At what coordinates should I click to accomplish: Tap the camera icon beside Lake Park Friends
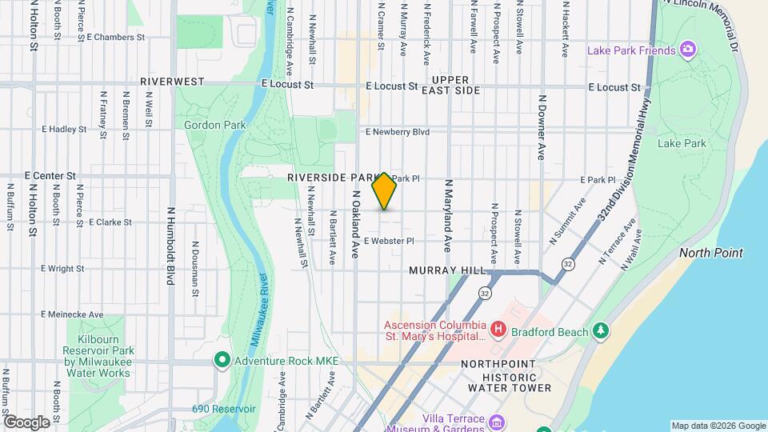687,50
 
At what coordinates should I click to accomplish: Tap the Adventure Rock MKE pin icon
222,361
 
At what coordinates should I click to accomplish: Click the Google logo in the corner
26,422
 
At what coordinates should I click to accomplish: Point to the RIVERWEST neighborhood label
172,82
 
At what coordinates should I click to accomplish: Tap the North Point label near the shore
711,253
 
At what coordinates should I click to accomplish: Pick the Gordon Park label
213,125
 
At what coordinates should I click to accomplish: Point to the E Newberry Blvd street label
398,132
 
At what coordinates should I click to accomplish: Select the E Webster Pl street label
389,240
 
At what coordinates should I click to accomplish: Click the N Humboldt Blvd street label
170,246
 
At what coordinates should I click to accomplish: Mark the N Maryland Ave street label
449,212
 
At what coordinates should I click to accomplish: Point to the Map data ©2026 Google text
718,426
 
